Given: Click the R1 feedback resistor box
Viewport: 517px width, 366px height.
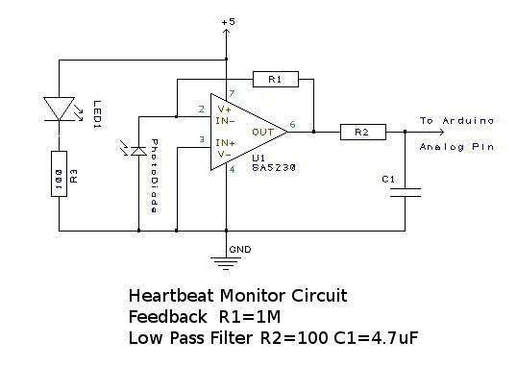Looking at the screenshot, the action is [x=276, y=79].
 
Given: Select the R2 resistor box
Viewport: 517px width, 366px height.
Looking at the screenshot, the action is [x=363, y=132].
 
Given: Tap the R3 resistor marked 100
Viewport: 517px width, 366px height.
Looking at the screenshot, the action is [x=59, y=174].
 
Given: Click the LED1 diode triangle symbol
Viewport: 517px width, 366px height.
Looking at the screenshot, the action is [x=59, y=109].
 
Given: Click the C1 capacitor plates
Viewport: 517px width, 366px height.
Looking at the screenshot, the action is [x=406, y=192].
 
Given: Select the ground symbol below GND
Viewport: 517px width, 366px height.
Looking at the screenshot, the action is [x=226, y=263].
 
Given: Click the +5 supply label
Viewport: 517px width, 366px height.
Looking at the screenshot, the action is [x=229, y=22].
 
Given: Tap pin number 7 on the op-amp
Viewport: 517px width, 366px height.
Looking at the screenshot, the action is [x=232, y=93].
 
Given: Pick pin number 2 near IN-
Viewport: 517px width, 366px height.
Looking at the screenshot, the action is [x=202, y=110].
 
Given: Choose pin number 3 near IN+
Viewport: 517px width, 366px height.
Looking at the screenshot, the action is [x=202, y=139].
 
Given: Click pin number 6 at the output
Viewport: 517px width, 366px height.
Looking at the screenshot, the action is [x=292, y=124].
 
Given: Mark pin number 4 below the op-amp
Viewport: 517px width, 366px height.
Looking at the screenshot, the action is [x=233, y=170].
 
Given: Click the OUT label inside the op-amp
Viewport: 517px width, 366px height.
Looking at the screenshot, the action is [x=263, y=133].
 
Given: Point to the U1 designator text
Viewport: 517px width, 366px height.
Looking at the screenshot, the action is [x=258, y=158].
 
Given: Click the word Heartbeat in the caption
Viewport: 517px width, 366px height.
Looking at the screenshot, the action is [x=171, y=295].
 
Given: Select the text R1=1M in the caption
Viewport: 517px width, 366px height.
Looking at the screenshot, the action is [x=250, y=317].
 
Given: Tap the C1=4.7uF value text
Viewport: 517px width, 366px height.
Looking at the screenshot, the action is [x=376, y=338].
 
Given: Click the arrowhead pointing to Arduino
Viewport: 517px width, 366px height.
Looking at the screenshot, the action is [x=441, y=132].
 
